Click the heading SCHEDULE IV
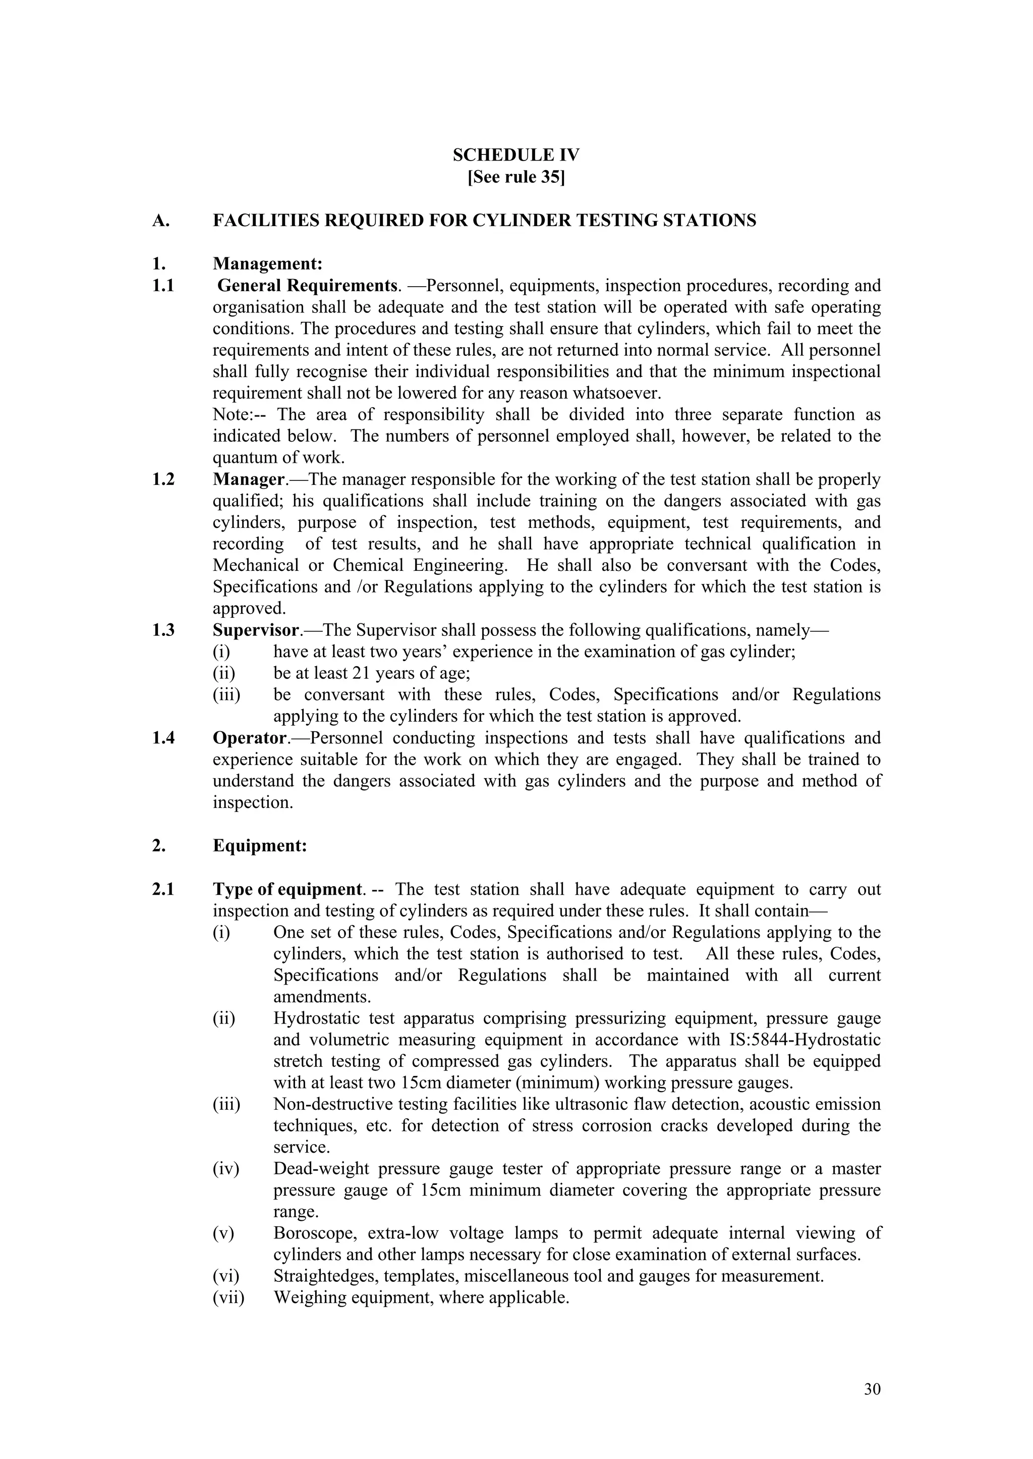(516, 155)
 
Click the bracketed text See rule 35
(516, 177)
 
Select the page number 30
(872, 1389)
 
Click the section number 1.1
(163, 286)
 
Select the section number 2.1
(163, 890)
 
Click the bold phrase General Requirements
(307, 286)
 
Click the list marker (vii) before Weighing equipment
(228, 1298)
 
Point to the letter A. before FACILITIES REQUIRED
(160, 221)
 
